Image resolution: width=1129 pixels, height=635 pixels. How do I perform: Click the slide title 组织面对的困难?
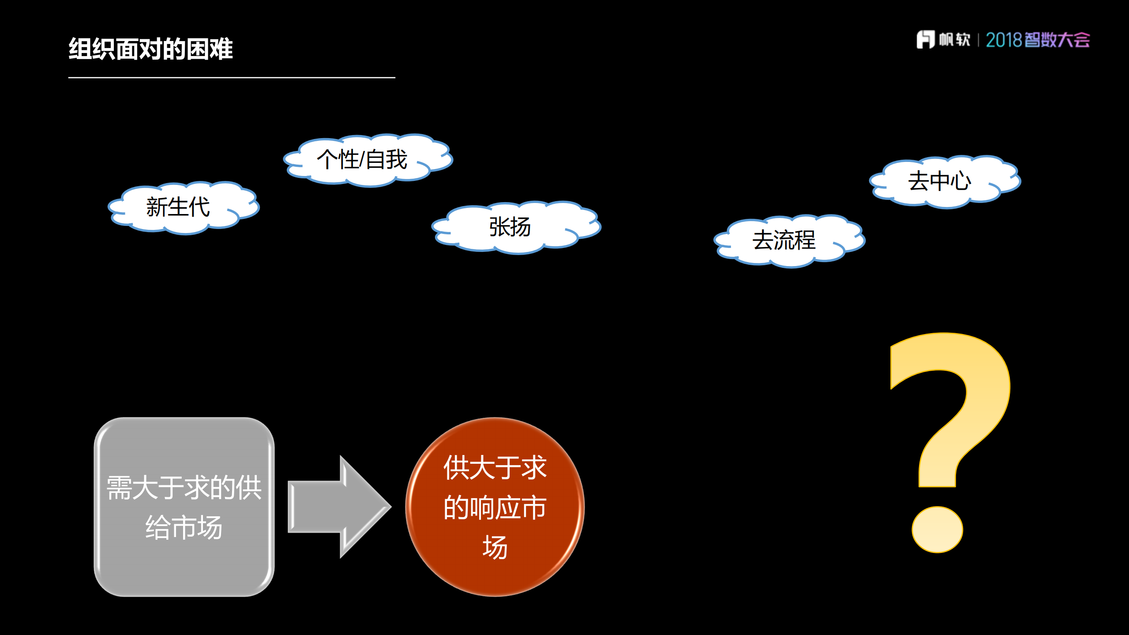point(150,49)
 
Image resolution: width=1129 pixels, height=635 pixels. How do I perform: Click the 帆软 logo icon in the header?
point(925,40)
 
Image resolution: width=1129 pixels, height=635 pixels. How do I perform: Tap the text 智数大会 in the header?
point(1057,40)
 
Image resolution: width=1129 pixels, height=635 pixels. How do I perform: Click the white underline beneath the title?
point(232,78)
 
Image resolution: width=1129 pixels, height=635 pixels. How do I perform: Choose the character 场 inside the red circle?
point(495,548)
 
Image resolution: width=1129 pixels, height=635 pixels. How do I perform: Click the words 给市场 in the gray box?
point(184,527)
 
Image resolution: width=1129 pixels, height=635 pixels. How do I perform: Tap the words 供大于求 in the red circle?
point(495,468)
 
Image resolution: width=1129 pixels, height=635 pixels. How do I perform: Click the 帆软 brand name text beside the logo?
point(954,40)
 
